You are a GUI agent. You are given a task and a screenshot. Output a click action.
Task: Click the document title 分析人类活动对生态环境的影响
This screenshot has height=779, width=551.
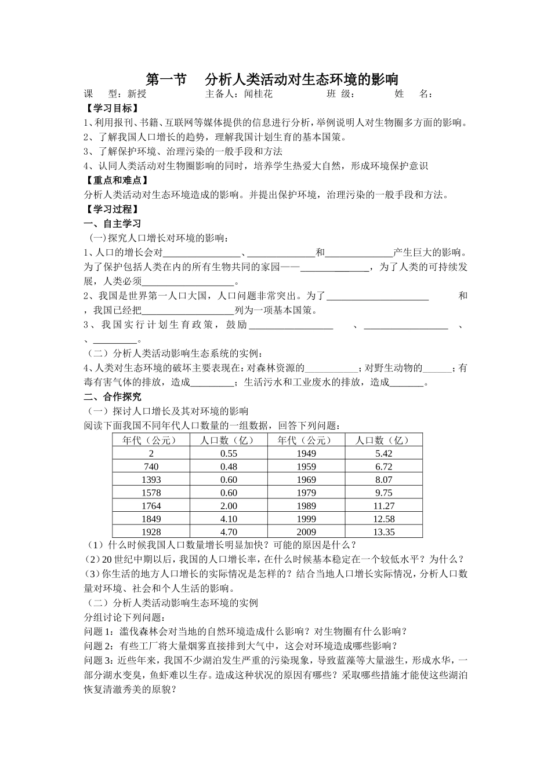302,79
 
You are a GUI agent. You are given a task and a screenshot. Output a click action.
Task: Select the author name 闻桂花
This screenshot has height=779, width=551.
258,94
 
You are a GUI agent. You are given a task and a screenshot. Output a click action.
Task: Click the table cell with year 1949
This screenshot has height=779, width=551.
306,453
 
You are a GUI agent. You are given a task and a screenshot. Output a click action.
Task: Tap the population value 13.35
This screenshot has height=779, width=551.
384,532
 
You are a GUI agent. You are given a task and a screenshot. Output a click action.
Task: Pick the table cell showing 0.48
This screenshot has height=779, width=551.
229,467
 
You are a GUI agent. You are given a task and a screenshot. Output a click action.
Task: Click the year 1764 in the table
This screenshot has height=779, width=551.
151,506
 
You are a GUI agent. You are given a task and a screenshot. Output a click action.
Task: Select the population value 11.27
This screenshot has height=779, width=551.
384,506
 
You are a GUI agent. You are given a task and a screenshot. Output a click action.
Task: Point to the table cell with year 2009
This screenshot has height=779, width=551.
306,532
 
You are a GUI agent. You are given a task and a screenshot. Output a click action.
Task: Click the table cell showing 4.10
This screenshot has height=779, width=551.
229,519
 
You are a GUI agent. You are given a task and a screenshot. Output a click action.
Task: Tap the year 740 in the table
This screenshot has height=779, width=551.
151,467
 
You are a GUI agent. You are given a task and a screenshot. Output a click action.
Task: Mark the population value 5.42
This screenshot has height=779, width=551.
384,453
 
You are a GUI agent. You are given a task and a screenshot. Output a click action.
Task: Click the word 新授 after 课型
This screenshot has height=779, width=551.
137,94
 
